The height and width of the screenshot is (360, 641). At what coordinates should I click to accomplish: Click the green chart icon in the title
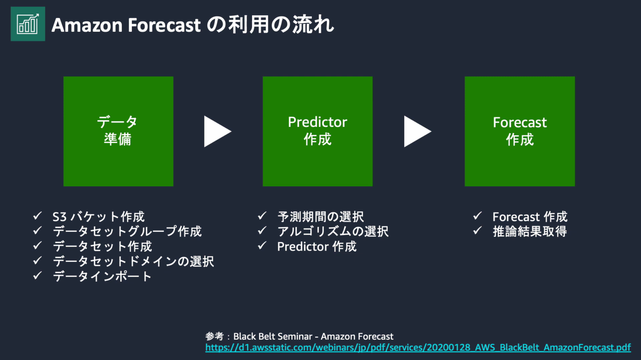pyautogui.click(x=28, y=24)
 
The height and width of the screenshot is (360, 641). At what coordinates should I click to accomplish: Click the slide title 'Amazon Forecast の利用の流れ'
pyautogui.click(x=192, y=25)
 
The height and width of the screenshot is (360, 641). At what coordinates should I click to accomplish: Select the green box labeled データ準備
pyautogui.click(x=118, y=131)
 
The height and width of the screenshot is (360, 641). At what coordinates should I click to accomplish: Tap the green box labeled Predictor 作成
pyautogui.click(x=317, y=131)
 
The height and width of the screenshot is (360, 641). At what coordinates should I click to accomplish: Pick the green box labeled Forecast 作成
pyautogui.click(x=520, y=131)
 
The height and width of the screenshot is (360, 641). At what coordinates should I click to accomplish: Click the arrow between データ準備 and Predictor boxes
pyautogui.click(x=216, y=132)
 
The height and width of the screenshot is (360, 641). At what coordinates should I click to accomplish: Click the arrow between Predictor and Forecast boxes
pyautogui.click(x=416, y=132)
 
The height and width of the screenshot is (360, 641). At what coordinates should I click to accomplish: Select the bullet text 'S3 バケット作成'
pyautogui.click(x=98, y=217)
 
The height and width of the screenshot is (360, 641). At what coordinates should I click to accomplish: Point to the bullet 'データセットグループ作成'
pyautogui.click(x=127, y=231)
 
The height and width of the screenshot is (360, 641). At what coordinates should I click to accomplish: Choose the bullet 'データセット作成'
pyautogui.click(x=102, y=246)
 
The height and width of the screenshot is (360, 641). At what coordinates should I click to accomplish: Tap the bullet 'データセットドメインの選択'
pyautogui.click(x=133, y=261)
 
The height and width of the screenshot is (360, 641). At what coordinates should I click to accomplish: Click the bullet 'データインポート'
pyautogui.click(x=102, y=276)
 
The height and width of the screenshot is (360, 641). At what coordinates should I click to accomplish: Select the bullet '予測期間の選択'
pyautogui.click(x=320, y=217)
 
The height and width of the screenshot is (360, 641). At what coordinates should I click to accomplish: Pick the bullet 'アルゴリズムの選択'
pyautogui.click(x=333, y=231)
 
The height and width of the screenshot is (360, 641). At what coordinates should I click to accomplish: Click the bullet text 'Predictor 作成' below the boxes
pyautogui.click(x=317, y=247)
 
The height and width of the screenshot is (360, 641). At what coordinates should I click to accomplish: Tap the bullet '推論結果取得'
pyautogui.click(x=530, y=231)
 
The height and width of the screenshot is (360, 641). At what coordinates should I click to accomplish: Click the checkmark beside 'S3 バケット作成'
pyautogui.click(x=38, y=216)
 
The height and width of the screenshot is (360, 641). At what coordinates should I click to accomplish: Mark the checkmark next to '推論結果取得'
pyautogui.click(x=477, y=231)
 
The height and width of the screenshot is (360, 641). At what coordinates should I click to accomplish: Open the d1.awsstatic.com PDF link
pyautogui.click(x=418, y=347)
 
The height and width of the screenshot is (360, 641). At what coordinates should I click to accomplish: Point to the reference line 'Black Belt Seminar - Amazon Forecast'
pyautogui.click(x=313, y=337)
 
